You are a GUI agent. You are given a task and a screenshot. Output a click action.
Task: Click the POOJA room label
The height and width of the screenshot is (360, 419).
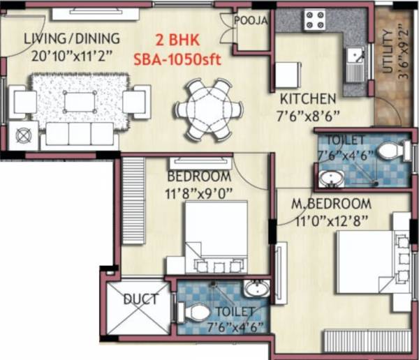click(x=251, y=20)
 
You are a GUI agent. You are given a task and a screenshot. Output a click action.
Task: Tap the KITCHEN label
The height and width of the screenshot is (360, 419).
click(x=308, y=98)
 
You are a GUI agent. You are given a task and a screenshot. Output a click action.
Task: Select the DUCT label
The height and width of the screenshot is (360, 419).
click(x=140, y=300)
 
